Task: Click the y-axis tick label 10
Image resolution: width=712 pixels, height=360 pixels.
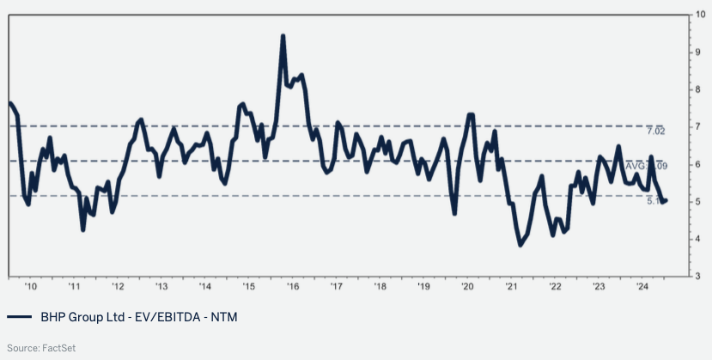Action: (701, 15)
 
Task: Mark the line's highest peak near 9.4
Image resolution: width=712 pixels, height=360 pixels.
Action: (283, 36)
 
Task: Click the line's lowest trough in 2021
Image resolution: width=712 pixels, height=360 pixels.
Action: (520, 246)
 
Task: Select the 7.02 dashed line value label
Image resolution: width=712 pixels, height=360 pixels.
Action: (657, 131)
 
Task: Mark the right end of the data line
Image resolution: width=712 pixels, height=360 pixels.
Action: (667, 200)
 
